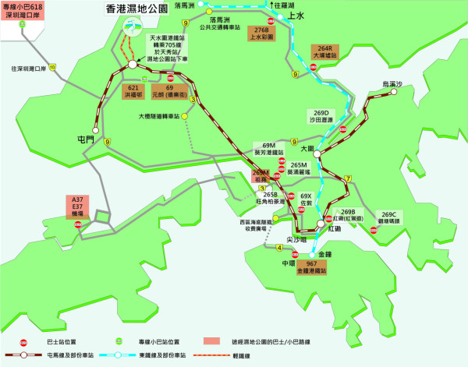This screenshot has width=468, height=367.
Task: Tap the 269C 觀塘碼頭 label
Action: [x=390, y=217]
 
